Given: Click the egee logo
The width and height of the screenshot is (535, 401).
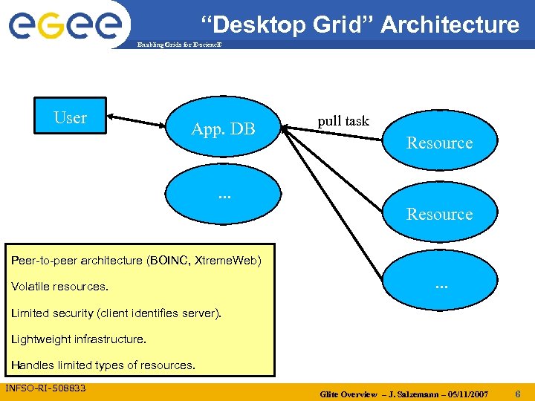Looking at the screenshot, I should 65,24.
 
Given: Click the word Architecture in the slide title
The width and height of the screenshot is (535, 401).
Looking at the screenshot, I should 450,25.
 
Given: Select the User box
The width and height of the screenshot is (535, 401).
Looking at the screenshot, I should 71,117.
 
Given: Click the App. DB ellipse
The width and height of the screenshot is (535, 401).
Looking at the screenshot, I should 223,129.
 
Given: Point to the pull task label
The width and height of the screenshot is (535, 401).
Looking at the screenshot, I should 343,120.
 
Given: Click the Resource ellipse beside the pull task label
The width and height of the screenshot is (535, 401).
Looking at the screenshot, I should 439,143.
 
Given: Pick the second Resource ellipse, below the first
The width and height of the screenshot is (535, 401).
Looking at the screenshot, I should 439,214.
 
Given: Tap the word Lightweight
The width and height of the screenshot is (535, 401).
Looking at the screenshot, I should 41,339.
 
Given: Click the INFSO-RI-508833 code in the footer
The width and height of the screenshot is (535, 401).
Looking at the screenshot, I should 46,388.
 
